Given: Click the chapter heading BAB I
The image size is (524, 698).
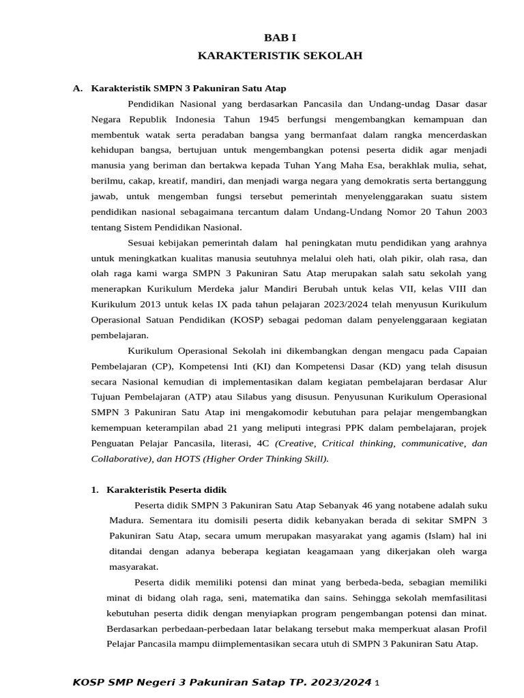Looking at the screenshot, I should (x=280, y=39).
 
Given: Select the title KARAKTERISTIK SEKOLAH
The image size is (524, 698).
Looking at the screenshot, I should (x=280, y=56).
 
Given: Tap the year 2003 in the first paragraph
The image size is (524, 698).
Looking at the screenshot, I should (x=474, y=212).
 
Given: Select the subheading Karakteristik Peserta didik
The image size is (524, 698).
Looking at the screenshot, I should (x=166, y=490).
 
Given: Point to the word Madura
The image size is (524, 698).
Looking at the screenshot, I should (x=125, y=521).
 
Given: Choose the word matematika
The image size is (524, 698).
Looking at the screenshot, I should (x=270, y=598).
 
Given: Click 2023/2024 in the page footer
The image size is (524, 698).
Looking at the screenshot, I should (x=340, y=682).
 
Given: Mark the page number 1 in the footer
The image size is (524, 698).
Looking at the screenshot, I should (x=377, y=683).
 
